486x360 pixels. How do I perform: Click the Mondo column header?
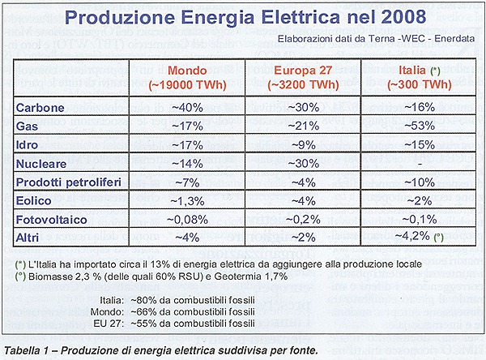click(187, 78)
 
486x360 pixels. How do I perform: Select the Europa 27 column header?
click(303, 78)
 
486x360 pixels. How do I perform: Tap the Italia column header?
click(420, 78)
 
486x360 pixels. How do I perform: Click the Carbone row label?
click(40, 108)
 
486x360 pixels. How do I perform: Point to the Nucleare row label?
click(41, 164)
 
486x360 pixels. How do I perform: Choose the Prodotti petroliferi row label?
click(69, 182)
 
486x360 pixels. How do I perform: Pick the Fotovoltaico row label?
click(52, 220)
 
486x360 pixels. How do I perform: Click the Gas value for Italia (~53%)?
click(420, 126)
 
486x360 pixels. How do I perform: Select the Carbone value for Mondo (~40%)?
click(187, 108)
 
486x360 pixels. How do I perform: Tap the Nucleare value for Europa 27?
click(303, 164)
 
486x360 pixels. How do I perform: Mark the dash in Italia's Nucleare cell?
click(420, 164)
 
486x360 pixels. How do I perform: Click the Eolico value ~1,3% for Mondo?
click(187, 201)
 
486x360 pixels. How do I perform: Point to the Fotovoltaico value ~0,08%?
click(187, 220)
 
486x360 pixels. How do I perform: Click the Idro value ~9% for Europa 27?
click(303, 145)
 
